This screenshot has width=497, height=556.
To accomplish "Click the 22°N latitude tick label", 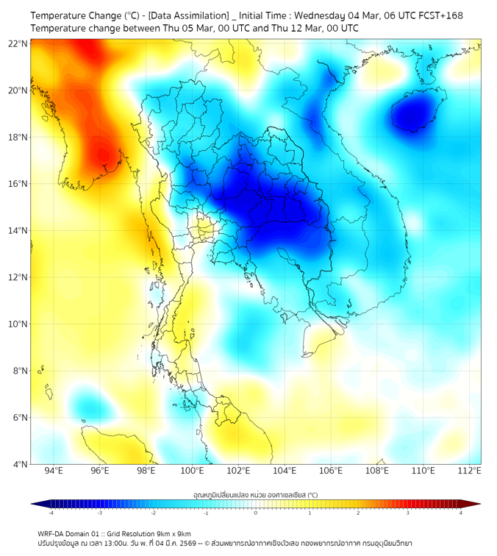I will tap(18, 43).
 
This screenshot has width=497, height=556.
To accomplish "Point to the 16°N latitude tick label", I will tap(18, 184).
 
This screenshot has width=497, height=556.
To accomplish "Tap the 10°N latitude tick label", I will tap(18, 324).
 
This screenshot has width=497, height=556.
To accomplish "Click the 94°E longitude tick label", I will tap(54, 471).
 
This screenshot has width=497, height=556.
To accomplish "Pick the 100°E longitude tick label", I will tap(193, 471).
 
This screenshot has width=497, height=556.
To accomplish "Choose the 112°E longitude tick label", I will tap(471, 471).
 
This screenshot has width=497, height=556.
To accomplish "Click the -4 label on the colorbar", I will tap(50, 513).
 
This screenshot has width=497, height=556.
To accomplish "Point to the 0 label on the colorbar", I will tap(256, 513).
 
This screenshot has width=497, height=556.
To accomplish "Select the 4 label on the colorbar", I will tap(461, 513).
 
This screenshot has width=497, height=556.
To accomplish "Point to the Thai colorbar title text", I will tap(255, 494).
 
